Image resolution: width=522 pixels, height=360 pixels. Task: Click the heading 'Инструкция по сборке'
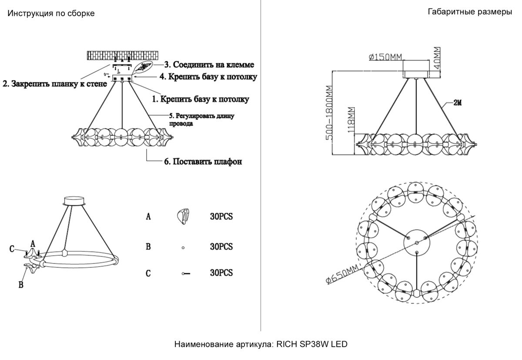pyautogui.click(x=51, y=13)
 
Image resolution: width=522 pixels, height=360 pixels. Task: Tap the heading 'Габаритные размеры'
pyautogui.click(x=470, y=12)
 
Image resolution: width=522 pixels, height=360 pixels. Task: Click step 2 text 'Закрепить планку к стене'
pyautogui.click(x=55, y=84)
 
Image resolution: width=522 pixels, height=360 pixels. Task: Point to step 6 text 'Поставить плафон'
pyautogui.click(x=203, y=161)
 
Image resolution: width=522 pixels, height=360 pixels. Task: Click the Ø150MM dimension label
pyautogui.click(x=385, y=57)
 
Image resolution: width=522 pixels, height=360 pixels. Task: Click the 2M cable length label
pyautogui.click(x=457, y=103)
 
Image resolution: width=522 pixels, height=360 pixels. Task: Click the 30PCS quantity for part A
pyautogui.click(x=221, y=216)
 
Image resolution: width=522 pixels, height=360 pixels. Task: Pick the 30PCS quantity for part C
pyautogui.click(x=221, y=273)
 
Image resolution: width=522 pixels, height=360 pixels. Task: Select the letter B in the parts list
pyautogui.click(x=148, y=247)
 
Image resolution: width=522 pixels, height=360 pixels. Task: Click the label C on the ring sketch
pyautogui.click(x=12, y=249)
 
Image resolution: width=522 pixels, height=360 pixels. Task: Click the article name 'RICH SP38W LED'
pyautogui.click(x=311, y=345)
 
